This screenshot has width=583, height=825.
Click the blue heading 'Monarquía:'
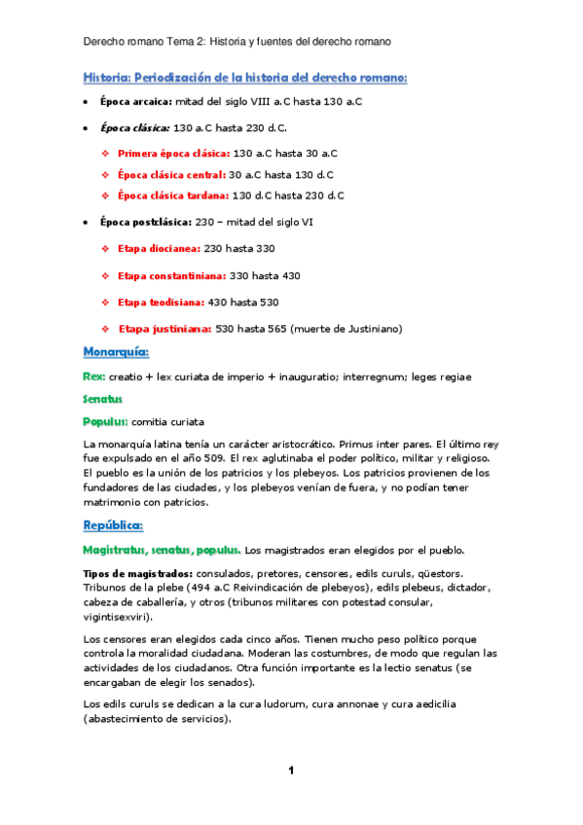coord(116,351)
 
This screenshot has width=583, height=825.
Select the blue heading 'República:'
coord(113,525)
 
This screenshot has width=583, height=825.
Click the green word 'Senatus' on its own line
coord(106,399)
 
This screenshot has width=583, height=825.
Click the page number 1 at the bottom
coord(291,771)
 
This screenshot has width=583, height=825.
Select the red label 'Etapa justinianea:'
coord(164,328)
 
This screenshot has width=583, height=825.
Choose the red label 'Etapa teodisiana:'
coord(160,303)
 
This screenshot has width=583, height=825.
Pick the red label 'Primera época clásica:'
coord(173,154)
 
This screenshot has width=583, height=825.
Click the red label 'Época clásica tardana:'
coord(172,196)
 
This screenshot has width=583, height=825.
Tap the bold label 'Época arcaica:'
coord(135,101)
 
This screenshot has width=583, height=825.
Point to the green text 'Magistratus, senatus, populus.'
coord(161,550)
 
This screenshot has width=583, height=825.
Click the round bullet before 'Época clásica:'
coord(88,127)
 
